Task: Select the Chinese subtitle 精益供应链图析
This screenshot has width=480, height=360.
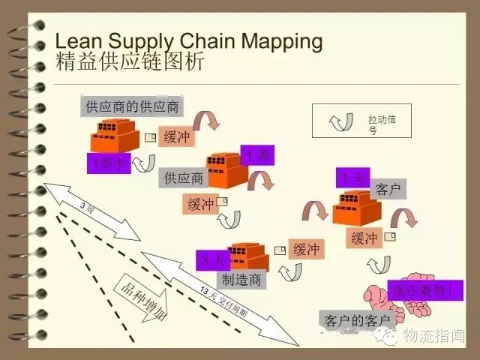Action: [129, 61]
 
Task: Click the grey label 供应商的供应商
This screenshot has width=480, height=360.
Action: [132, 106]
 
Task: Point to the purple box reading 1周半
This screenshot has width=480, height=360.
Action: [108, 163]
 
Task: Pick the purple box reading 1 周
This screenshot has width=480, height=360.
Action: [256, 154]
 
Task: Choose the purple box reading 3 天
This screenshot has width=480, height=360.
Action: [213, 260]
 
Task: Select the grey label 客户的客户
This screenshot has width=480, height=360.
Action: [357, 321]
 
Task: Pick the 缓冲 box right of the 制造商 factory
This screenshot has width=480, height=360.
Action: [306, 249]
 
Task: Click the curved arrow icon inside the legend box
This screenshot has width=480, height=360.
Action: [340, 121]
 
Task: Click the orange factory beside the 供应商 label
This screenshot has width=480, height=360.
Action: [226, 169]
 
